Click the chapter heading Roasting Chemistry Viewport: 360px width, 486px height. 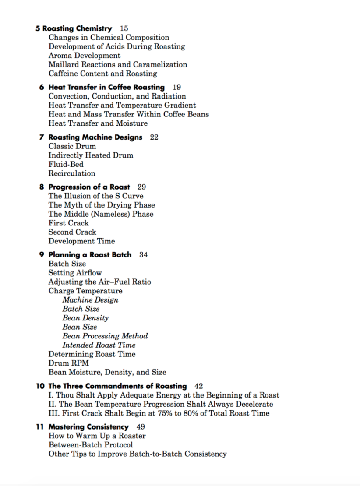click(x=77, y=28)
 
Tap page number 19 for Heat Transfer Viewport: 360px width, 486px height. click(x=176, y=87)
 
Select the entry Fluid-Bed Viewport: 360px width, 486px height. click(x=66, y=164)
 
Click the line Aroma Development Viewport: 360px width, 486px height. click(x=85, y=56)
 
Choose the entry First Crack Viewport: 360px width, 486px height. click(x=68, y=223)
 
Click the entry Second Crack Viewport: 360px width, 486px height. click(x=72, y=232)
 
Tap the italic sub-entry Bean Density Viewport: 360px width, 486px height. click(x=85, y=318)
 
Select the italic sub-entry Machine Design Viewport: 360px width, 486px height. click(x=90, y=300)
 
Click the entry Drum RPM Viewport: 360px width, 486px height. click(x=68, y=363)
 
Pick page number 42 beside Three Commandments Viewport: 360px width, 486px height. click(x=198, y=386)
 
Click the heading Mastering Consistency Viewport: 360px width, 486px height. click(x=88, y=426)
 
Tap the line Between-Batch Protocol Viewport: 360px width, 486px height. click(x=91, y=445)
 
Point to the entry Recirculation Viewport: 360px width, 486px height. click(x=72, y=173)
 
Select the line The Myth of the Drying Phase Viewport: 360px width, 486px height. click(x=102, y=205)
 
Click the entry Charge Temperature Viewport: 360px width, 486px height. click(x=85, y=291)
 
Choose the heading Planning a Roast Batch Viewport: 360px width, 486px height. click(x=90, y=254)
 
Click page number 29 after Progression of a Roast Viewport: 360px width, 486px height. click(x=141, y=187)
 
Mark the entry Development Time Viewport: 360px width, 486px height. click(x=82, y=241)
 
